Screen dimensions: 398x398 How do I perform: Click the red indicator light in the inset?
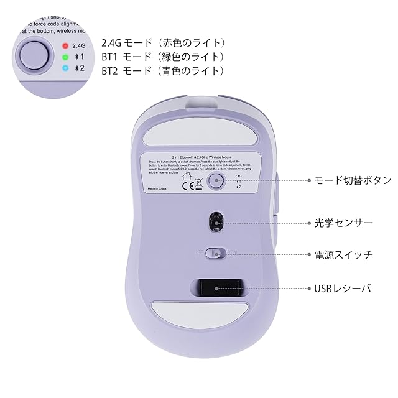pyautogui.click(x=64, y=45)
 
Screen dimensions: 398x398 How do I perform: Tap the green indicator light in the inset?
pyautogui.click(x=64, y=57)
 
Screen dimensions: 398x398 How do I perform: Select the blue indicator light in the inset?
pyautogui.click(x=64, y=68)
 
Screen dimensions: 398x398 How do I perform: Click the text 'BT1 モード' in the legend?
pyautogui.click(x=124, y=57)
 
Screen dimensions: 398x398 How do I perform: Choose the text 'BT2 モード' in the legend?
pyautogui.click(x=124, y=71)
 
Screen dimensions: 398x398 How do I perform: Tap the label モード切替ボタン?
pyautogui.click(x=352, y=180)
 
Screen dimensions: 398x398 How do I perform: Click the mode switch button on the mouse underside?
pyautogui.click(x=216, y=181)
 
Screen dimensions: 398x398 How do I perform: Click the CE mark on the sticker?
pyautogui.click(x=187, y=184)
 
